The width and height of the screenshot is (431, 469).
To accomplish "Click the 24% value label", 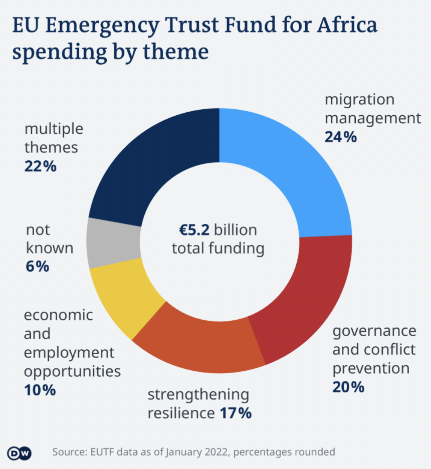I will click(x=341, y=137).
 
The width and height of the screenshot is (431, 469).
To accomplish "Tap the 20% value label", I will click(x=348, y=387).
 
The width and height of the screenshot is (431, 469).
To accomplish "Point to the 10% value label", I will click(x=40, y=390).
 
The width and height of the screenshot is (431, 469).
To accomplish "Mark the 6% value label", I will click(x=37, y=267).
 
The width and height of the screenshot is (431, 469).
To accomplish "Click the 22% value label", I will click(x=41, y=166).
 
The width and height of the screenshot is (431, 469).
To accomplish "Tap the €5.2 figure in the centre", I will click(x=196, y=230).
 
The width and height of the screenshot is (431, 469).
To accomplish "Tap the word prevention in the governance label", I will click(x=371, y=368).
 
